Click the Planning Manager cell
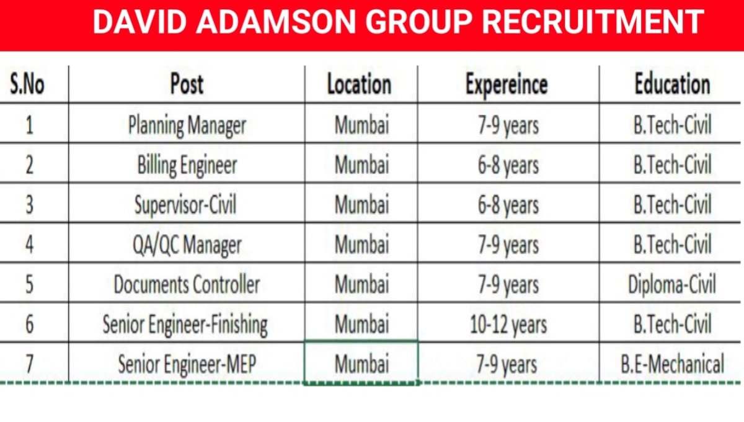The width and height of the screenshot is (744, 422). [187, 125]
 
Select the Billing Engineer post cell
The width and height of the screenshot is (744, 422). [187, 165]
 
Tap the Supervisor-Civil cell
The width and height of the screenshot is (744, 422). [187, 205]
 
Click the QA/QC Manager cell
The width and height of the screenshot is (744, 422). [187, 245]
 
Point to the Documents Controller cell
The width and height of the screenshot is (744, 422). [187, 284]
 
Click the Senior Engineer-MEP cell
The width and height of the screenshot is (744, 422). [187, 364]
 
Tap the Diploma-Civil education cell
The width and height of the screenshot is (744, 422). [672, 284]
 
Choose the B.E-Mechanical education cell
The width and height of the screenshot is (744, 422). [672, 364]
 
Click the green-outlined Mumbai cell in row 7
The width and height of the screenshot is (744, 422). [361, 364]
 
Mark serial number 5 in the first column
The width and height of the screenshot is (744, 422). [29, 284]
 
